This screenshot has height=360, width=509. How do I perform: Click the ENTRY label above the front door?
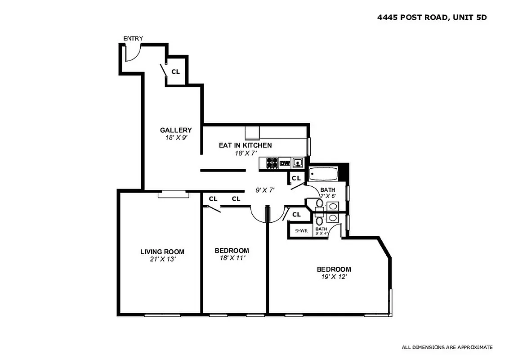133,38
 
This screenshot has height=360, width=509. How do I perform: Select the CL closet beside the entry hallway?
175,72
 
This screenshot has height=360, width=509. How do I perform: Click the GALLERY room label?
176,130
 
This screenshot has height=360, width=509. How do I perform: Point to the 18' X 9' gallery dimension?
176,138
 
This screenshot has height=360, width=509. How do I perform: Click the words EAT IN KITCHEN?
245,145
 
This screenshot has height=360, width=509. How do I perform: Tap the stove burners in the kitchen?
272,163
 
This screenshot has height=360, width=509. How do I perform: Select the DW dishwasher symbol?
285,163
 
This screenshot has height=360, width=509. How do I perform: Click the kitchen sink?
298,163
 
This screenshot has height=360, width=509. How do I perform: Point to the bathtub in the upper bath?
323,173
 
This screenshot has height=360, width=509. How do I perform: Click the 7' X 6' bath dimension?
328,196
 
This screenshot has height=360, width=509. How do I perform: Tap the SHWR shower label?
301,231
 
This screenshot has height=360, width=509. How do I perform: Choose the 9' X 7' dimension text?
265,190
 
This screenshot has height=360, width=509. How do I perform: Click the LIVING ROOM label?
162,252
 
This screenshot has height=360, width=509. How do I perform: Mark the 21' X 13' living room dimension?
162,260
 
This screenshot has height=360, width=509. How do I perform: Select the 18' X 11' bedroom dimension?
232,258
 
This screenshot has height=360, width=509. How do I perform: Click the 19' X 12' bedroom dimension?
334,277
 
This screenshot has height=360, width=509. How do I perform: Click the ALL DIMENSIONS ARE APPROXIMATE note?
447,347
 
